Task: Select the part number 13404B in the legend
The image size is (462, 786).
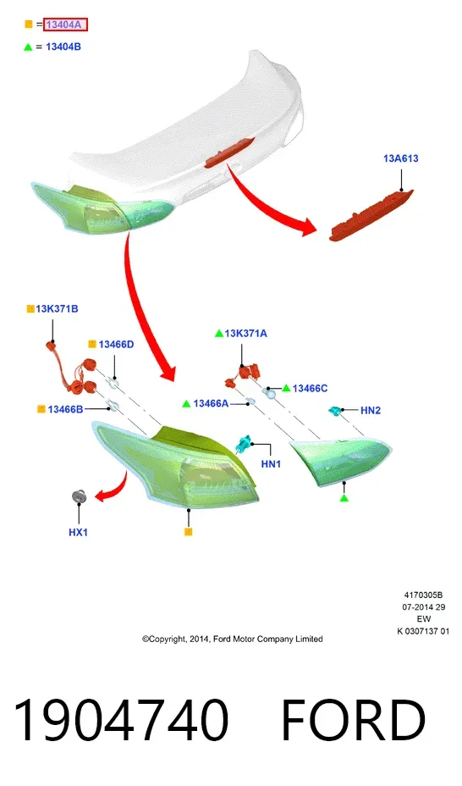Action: coord(63,47)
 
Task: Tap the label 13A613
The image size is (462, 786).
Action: coord(401,158)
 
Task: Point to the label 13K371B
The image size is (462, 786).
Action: coord(57,309)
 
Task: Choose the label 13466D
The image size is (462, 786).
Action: coord(116,345)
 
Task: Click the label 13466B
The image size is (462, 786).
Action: coord(65,410)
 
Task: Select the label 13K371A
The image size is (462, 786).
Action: coord(245,334)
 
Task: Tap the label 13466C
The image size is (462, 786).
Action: coord(310,389)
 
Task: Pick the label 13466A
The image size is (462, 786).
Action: coord(211,403)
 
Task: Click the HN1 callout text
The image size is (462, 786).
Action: coord(271,464)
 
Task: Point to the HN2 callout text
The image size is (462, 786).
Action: coord(371,411)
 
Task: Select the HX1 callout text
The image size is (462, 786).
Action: coord(78,533)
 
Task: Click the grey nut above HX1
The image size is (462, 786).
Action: coord(79,495)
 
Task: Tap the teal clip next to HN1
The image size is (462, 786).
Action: coord(244,443)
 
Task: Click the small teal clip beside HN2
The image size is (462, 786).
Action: coord(334,411)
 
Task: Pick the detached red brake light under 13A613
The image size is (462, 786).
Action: coord(371,215)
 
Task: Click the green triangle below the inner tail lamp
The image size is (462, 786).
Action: coord(344,498)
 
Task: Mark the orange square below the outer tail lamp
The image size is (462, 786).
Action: coord(188,532)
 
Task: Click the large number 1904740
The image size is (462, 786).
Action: coord(121,720)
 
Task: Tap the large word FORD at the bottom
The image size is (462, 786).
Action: coord(354,720)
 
